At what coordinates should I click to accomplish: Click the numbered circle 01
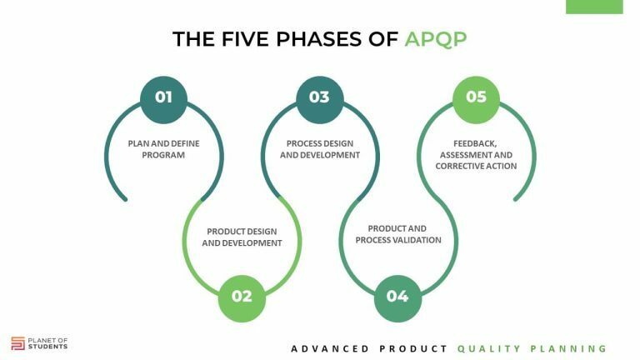[x=163, y=97]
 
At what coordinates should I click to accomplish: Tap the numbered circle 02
[x=242, y=296]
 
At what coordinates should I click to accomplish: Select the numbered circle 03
[x=319, y=97]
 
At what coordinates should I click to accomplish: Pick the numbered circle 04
[x=397, y=296]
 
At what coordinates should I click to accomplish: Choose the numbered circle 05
[x=476, y=97]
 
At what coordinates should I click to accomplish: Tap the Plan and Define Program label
[x=163, y=148]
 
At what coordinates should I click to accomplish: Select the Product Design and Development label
[x=242, y=237]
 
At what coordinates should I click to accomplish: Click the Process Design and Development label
[x=320, y=148]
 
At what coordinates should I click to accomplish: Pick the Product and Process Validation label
[x=397, y=234]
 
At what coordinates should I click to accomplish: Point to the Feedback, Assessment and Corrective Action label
[x=476, y=154]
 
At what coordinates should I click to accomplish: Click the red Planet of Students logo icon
[x=17, y=342]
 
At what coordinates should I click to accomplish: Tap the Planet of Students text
[x=49, y=342]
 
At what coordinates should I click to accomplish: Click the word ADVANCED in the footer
[x=330, y=348]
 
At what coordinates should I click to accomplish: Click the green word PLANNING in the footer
[x=571, y=348]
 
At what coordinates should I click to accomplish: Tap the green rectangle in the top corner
[x=593, y=7]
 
